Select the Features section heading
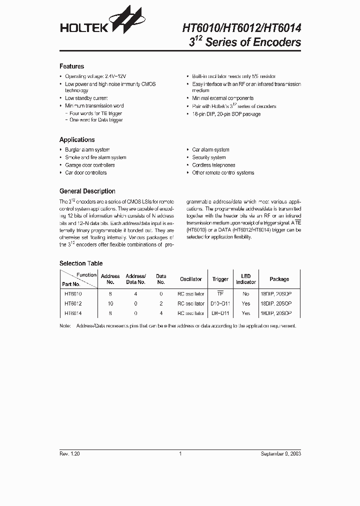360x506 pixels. pos(71,66)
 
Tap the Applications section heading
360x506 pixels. pos(77,140)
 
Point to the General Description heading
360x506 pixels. pos(87,191)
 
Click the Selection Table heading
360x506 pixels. pos(81,263)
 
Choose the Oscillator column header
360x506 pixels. pos(191,279)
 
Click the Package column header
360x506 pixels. pos(279,279)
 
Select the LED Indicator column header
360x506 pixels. pos(245,279)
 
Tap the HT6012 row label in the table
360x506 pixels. pos(73,303)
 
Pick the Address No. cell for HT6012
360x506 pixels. pos(110,303)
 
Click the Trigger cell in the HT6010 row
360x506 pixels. pos(220,294)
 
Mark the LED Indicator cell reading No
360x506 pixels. pos(245,294)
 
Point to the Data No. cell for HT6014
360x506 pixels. pos(161,313)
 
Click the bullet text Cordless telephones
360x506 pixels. pos(213,165)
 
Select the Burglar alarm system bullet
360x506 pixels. pos(87,149)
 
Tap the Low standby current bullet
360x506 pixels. pos(86,98)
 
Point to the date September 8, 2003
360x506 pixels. pos(280,453)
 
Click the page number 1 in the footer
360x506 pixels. pos(179,453)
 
